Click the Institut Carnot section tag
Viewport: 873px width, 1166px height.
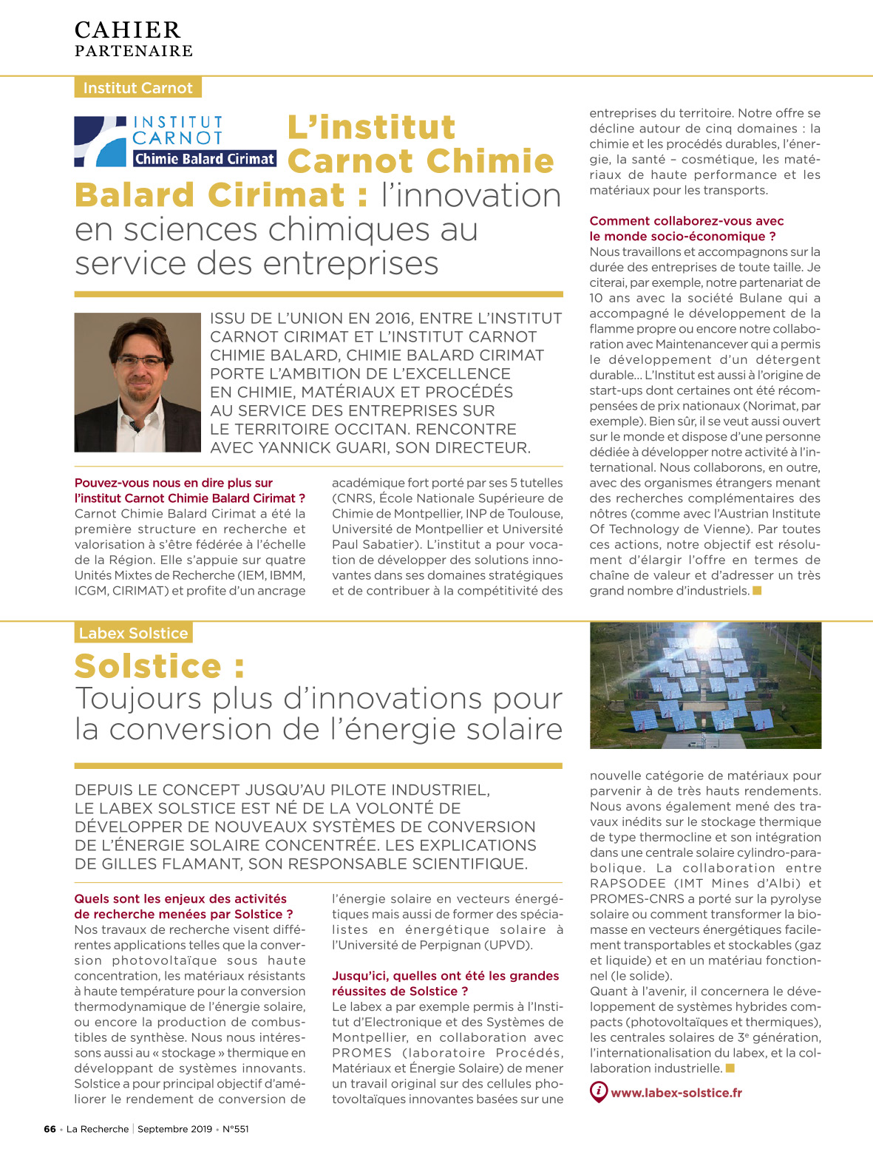tap(137, 88)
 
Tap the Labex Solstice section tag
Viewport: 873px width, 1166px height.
tap(133, 633)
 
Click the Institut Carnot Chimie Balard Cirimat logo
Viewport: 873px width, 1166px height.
tap(175, 140)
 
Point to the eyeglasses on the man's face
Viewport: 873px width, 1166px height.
tap(140, 361)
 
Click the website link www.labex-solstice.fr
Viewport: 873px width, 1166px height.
tap(676, 1093)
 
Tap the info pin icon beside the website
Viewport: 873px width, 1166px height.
tap(598, 1091)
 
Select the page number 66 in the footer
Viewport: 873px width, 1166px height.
tap(50, 1129)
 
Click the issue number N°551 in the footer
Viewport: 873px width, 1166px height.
tap(236, 1129)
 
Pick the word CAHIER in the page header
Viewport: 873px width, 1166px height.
tap(128, 30)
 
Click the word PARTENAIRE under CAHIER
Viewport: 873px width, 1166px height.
tap(134, 51)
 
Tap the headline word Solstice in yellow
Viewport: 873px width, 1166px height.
tap(148, 666)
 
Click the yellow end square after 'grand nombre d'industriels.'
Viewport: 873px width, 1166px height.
tap(757, 590)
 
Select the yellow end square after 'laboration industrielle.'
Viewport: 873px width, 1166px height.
tap(730, 1068)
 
